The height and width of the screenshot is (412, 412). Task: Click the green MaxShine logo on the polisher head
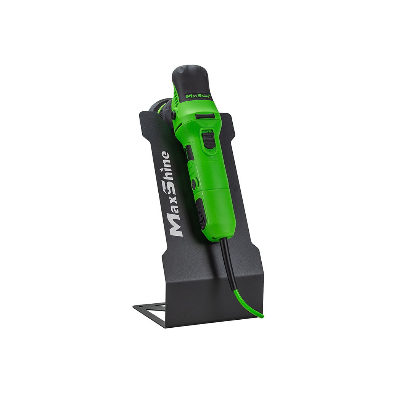click(x=198, y=96)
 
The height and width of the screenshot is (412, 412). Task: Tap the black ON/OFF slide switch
click(x=208, y=140)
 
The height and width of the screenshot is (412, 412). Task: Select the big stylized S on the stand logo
click(x=168, y=188)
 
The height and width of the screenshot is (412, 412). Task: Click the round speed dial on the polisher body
click(x=194, y=184)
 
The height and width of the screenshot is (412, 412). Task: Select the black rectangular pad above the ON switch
click(x=205, y=116)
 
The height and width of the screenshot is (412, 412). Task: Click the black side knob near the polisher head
click(x=174, y=114)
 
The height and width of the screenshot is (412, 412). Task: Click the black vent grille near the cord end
click(x=201, y=214)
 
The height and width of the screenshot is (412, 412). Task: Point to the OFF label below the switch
click(x=210, y=151)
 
